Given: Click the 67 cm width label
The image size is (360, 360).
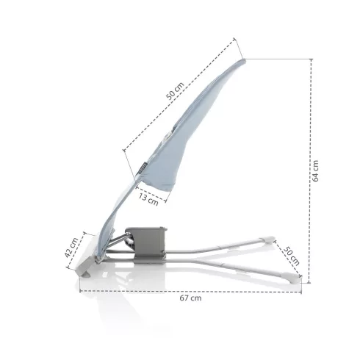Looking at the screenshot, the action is (x=190, y=298).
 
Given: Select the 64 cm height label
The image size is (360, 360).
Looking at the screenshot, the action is (x=315, y=171).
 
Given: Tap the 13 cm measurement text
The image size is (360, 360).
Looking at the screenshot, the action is (x=148, y=199).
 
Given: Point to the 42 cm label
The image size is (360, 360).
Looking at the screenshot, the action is (x=71, y=248).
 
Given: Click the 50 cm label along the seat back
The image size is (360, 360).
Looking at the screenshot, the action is (x=175, y=91).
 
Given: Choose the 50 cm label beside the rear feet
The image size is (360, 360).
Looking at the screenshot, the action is (x=291, y=256).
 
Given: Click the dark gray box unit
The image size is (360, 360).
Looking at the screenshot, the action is (x=146, y=245).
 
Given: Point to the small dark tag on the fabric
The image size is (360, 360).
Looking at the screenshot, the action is (x=143, y=168).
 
